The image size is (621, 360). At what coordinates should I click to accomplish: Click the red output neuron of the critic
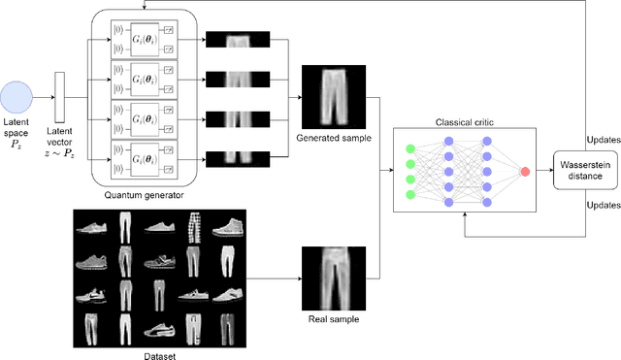(525, 172)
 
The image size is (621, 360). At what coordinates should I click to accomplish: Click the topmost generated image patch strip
(232, 39)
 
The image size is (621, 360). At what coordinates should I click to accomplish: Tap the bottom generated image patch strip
(232, 154)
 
